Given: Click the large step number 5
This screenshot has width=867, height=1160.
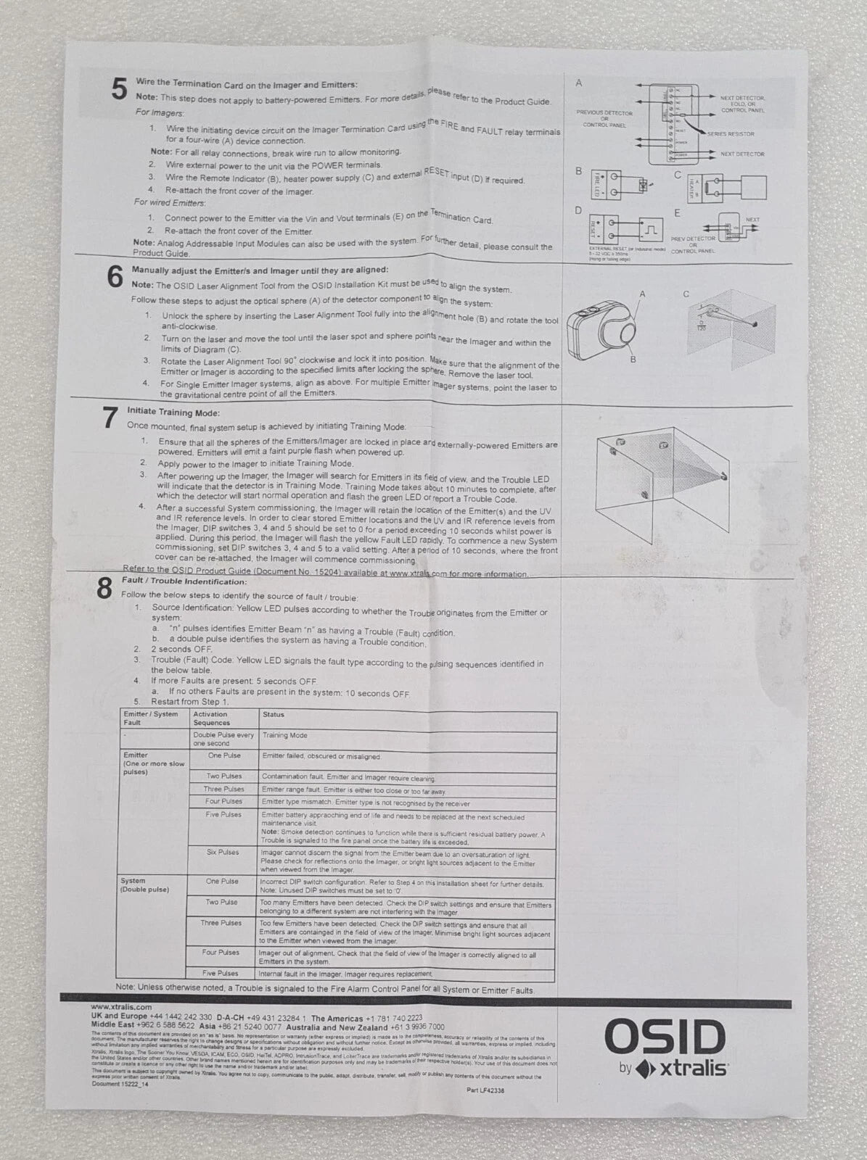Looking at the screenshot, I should coord(118,91).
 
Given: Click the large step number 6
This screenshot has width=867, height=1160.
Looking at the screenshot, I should coord(115,277).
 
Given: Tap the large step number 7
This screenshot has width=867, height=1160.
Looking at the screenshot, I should coord(110,418).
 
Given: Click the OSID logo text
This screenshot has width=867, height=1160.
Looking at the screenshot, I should coord(665,1037).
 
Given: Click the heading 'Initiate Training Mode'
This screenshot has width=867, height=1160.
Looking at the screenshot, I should coord(173,413).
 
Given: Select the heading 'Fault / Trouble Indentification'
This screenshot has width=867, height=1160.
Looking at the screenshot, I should coord(184,581).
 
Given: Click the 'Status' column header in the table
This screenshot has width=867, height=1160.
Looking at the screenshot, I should coord(274,715).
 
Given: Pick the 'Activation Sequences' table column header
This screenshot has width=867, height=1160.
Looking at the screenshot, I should coord(211,718).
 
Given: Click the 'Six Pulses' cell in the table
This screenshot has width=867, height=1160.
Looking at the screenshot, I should coord(223,852).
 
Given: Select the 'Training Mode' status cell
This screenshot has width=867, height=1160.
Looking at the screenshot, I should coord(284,735).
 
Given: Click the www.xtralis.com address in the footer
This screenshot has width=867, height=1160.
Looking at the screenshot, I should coord(121,1007).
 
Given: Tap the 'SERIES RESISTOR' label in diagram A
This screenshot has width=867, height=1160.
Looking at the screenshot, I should coord(731,134).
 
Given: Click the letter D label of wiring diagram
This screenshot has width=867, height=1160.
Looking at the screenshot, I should coord(578,210).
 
